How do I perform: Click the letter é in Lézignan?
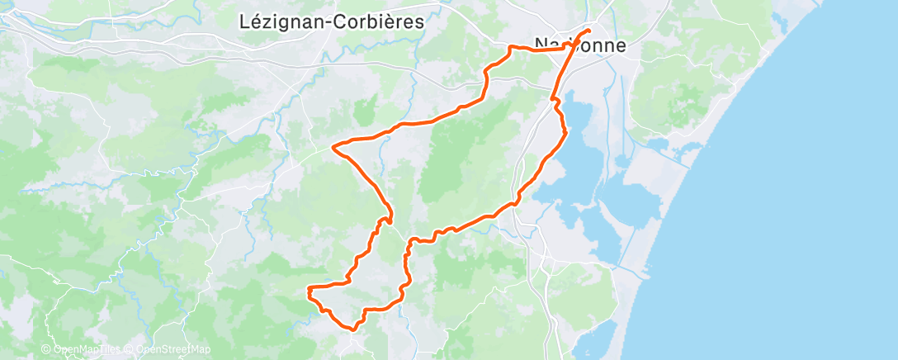pyautogui.click(x=253, y=21)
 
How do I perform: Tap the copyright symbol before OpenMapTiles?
pyautogui.click(x=47, y=350)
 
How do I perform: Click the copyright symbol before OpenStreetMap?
pyautogui.click(x=130, y=350)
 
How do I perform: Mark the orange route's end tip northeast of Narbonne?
pyautogui.click(x=589, y=31)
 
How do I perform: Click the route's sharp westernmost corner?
pyautogui.click(x=333, y=147)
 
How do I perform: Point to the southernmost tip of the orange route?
pyautogui.click(x=353, y=329)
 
